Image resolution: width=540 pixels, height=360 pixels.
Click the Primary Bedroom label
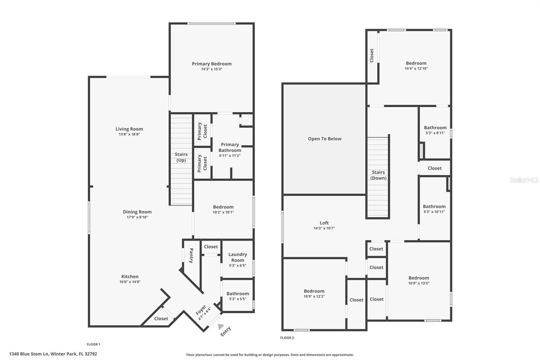212,64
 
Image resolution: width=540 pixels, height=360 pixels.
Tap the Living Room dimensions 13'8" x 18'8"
129,134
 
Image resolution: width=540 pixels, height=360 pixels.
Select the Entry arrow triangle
221,326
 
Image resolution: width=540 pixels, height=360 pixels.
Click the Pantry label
191,256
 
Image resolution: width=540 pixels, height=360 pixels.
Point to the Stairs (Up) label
181,157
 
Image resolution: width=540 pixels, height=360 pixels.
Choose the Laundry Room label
238,257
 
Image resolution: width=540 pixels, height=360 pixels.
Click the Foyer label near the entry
201,310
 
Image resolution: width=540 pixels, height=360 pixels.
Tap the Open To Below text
324,139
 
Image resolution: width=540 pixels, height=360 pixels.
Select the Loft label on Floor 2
324,223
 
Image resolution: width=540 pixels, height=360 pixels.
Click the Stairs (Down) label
378,175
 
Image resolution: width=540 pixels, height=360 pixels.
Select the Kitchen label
130,276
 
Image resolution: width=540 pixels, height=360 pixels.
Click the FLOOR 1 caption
93,344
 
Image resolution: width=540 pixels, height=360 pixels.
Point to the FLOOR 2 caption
287,338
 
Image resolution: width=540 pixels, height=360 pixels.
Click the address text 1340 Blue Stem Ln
53,354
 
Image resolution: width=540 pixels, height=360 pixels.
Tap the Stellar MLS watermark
524,180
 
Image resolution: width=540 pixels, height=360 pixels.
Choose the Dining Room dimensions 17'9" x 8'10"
137,217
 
